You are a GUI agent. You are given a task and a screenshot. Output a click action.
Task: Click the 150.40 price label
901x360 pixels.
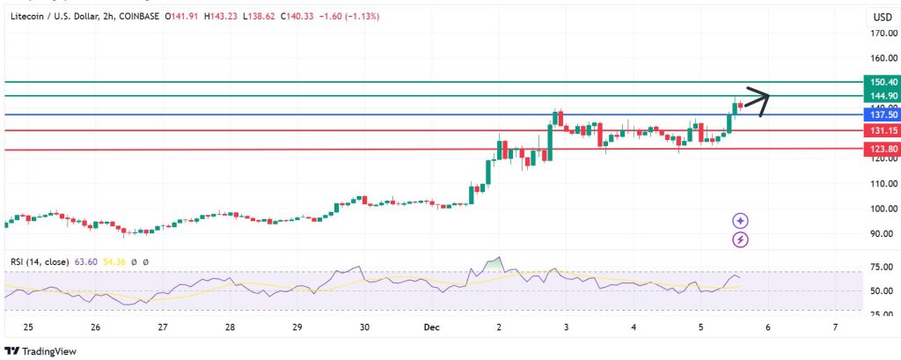point(883,81)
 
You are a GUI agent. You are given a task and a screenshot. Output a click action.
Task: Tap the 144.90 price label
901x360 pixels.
point(883,95)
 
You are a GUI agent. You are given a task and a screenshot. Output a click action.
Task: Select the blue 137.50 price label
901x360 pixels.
point(883,114)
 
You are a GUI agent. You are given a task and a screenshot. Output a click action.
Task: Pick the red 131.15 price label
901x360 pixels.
point(883,130)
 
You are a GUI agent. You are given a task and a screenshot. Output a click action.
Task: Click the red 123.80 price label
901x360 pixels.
point(883,150)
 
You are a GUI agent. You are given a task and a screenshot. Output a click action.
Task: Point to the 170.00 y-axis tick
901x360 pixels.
point(883,33)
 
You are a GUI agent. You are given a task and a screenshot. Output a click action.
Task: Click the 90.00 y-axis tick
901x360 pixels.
point(883,234)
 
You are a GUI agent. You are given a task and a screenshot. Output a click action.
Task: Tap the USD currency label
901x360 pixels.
point(882,17)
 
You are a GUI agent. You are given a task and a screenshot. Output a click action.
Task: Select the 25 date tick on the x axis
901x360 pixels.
point(28,327)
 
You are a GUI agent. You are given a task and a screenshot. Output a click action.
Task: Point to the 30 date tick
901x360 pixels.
point(364,327)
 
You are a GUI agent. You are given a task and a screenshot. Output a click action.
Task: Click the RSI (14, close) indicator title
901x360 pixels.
point(39,261)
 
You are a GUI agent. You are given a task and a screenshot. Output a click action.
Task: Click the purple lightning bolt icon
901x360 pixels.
point(741,239)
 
